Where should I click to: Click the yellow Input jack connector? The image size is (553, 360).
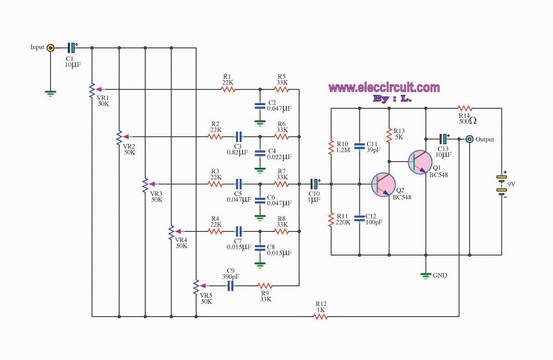click(x=50, y=47)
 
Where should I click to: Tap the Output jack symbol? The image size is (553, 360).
click(x=469, y=139)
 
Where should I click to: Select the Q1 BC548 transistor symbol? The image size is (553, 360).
click(x=420, y=162)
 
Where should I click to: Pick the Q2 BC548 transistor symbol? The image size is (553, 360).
click(x=383, y=185)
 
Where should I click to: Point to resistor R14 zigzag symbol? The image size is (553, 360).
click(x=465, y=108)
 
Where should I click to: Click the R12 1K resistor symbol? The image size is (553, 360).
click(x=320, y=317)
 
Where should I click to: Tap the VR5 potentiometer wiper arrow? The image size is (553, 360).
click(x=203, y=286)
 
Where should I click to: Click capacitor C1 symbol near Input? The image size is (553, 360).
click(x=71, y=47)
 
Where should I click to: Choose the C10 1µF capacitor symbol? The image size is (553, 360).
click(x=314, y=184)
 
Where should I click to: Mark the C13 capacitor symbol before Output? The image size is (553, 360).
click(x=443, y=139)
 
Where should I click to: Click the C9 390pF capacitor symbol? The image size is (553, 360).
click(x=230, y=286)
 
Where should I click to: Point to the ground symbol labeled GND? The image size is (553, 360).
click(x=426, y=276)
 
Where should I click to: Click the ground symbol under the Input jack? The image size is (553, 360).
click(x=50, y=94)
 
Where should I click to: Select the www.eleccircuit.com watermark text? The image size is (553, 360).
click(x=384, y=88)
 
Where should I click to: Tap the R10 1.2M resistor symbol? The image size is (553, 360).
click(x=331, y=148)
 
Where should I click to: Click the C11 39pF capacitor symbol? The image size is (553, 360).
click(x=359, y=146)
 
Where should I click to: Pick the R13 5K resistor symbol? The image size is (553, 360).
click(x=389, y=136)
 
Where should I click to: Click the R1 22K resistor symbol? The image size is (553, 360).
click(x=228, y=89)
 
